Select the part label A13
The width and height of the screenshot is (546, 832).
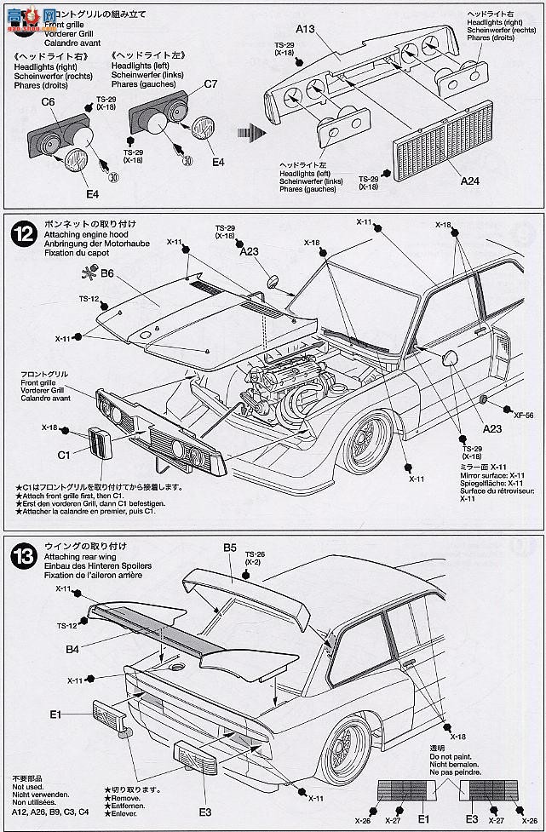click(307, 29)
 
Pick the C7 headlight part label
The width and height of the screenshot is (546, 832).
click(210, 83)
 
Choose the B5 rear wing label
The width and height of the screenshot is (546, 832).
click(229, 548)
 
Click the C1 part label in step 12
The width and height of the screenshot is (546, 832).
click(64, 455)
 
